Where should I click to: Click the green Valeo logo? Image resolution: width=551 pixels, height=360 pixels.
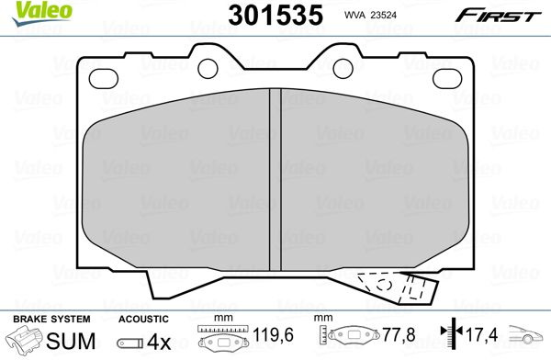(42, 13)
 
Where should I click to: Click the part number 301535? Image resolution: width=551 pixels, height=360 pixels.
(275, 15)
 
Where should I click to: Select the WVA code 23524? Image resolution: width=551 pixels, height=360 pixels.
(382, 15)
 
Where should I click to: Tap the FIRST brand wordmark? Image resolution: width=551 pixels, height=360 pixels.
(498, 16)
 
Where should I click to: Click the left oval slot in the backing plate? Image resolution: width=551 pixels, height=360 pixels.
(103, 79)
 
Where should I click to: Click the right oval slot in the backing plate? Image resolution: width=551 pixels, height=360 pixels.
(447, 78)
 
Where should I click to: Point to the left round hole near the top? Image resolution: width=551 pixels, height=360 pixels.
(208, 69)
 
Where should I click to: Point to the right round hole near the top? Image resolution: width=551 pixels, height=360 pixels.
(343, 69)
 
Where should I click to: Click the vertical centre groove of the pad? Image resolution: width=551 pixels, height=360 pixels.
(275, 180)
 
